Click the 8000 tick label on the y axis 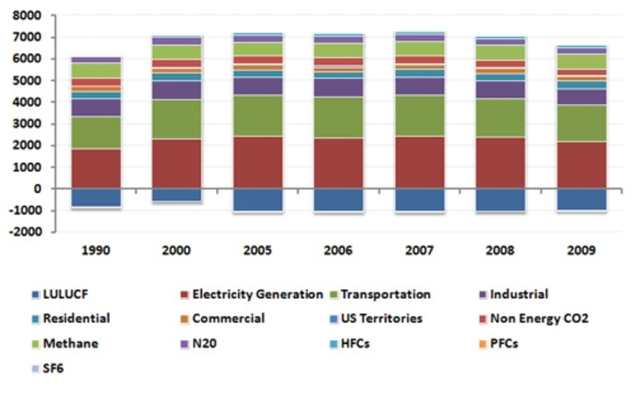click(x=27, y=16)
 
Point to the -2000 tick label click(x=25, y=232)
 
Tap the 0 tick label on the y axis click(x=37, y=189)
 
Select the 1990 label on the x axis click(x=96, y=251)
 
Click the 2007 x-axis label click(x=419, y=251)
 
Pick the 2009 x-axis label click(x=581, y=251)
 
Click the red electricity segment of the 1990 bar click(x=96, y=169)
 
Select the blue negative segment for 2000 click(x=177, y=195)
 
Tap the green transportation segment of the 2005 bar click(x=258, y=116)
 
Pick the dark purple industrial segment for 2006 click(x=338, y=87)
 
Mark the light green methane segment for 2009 click(x=581, y=62)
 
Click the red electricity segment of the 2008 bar click(x=500, y=163)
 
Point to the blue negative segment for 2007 click(x=420, y=200)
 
